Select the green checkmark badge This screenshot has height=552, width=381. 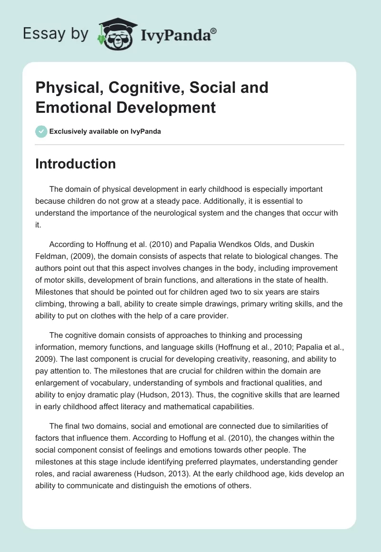click(x=41, y=131)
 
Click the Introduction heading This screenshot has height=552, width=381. click(x=75, y=164)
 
